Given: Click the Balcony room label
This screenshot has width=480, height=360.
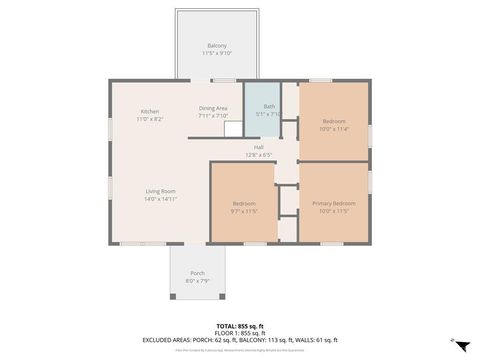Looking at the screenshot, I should [x=216, y=45].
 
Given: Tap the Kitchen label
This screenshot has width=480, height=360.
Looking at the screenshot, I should [x=150, y=111].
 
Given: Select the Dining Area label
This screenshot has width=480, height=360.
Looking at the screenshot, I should [x=213, y=108].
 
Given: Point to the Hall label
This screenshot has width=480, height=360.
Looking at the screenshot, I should [x=259, y=147].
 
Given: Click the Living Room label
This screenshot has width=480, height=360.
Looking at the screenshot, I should [x=160, y=191].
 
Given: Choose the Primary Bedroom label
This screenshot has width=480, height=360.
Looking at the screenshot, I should [x=334, y=203].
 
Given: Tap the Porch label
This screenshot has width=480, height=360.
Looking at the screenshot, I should [x=197, y=273].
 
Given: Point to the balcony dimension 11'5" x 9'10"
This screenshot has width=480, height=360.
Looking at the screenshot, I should [x=216, y=53].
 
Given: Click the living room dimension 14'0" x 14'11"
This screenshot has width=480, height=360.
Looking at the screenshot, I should [x=160, y=199].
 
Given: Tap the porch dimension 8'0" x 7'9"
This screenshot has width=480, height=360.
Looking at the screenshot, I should [x=197, y=281].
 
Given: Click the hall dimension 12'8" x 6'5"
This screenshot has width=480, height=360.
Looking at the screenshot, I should [x=259, y=155].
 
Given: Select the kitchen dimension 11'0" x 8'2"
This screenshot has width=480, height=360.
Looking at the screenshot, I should [x=150, y=119].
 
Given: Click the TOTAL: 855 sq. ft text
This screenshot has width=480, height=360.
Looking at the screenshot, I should [x=240, y=326].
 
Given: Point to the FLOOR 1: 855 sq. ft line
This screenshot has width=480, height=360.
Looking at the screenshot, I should [x=240, y=333].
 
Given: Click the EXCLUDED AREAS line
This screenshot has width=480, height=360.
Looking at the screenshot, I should [x=240, y=340].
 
